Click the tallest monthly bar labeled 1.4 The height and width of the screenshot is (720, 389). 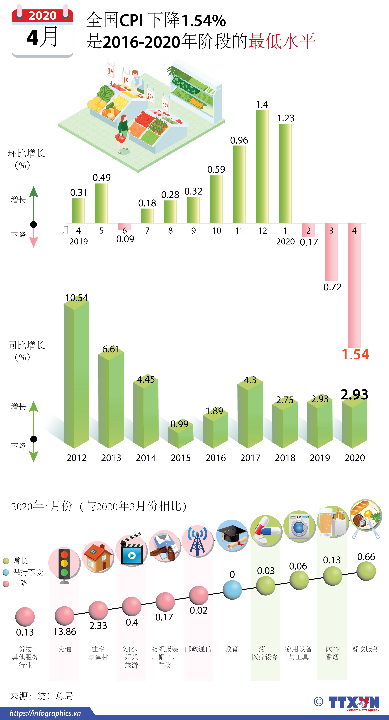coord(262,167)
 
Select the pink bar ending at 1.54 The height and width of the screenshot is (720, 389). coord(354,285)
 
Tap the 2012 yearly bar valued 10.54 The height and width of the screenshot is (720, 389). coord(76,375)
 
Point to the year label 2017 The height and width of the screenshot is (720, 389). coord(250,458)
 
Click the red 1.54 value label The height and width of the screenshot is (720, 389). coord(355,354)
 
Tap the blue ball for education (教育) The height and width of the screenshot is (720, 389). coord(232,590)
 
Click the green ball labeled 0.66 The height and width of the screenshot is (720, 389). coord(366,571)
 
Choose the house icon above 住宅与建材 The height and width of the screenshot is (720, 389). coord(98,557)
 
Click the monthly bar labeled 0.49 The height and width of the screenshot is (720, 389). coord(101,203)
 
